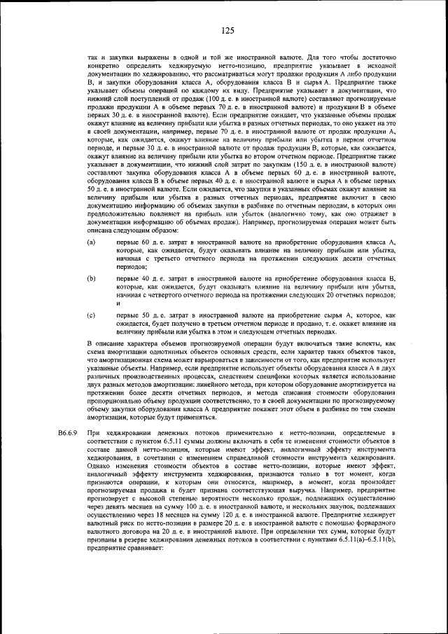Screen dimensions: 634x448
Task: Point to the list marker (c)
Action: point(91,316)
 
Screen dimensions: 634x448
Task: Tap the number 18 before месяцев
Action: point(167,514)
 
